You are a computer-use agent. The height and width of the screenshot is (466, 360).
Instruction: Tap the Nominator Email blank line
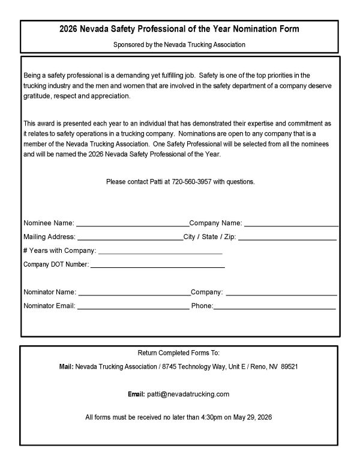[133, 307]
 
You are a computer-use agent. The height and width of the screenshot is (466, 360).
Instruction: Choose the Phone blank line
[274, 307]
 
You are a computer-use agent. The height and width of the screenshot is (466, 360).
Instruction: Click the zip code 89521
[290, 366]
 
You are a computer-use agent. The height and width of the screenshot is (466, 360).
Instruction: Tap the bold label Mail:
[66, 366]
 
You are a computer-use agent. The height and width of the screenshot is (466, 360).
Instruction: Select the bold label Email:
[136, 394]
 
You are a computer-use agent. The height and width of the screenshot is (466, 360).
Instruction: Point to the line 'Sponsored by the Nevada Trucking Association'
[179, 44]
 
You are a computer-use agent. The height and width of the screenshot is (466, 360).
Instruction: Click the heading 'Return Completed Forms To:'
[179, 352]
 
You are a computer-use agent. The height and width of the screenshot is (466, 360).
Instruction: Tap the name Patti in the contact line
[152, 181]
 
